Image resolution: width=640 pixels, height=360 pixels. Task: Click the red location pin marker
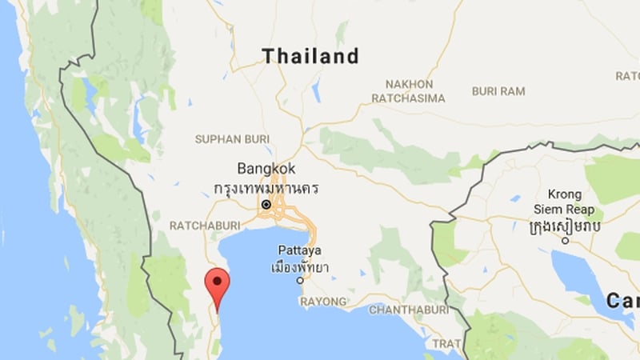coord(217,285)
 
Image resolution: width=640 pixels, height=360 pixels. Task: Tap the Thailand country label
coord(310,56)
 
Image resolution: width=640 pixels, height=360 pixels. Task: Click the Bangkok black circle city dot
coord(266,205)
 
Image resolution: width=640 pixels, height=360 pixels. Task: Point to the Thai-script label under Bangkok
coord(266,188)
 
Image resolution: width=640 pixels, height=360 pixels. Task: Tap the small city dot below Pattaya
coord(300,281)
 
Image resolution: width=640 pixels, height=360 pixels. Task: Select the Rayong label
coord(324,302)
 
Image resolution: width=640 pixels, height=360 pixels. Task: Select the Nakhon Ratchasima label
coord(409,90)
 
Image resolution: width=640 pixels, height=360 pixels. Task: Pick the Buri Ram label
coord(498,91)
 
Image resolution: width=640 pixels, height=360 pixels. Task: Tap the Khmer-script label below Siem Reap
coord(566,229)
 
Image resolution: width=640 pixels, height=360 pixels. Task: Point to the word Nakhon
coord(409,83)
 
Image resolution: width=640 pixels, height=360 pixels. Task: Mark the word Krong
coord(565,194)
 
